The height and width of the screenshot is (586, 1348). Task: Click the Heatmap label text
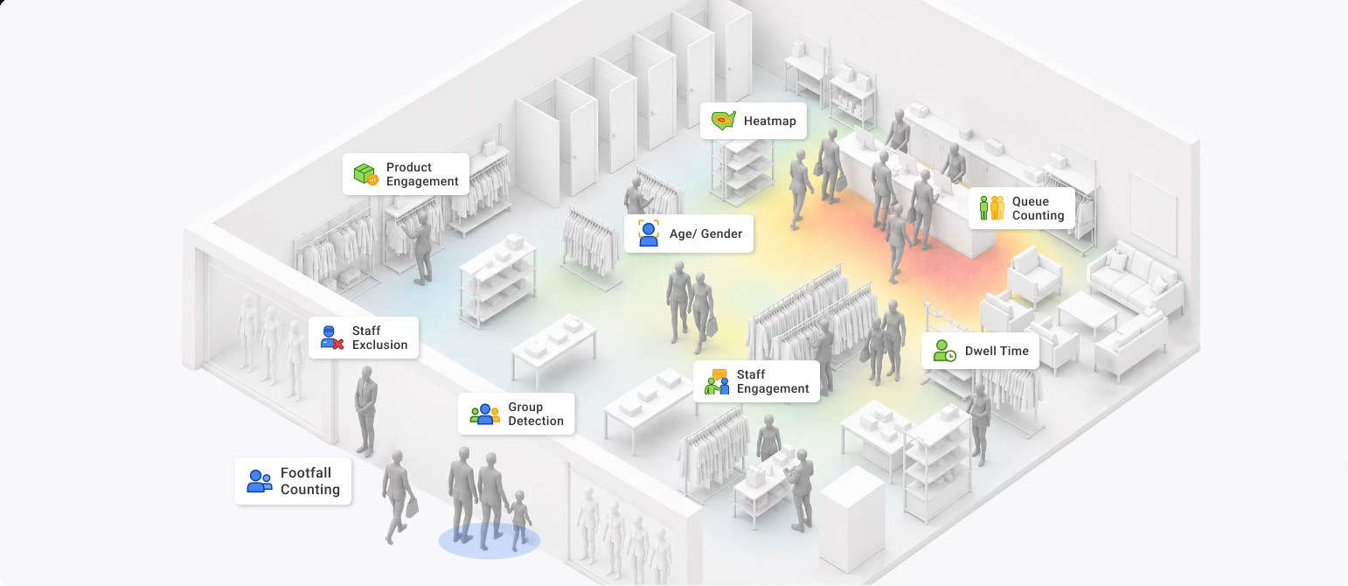(x=769, y=121)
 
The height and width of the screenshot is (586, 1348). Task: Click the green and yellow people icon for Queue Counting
(x=991, y=208)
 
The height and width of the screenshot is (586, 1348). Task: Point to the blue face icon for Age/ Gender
(x=648, y=234)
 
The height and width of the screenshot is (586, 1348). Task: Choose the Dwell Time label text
(x=997, y=351)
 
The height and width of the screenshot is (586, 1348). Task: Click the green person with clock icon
(x=944, y=351)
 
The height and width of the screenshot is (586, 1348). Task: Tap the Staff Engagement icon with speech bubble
(x=717, y=382)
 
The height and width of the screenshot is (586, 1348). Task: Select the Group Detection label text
(x=536, y=414)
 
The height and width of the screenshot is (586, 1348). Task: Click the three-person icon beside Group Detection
(x=484, y=415)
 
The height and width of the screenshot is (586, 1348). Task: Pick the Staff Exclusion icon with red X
(x=331, y=338)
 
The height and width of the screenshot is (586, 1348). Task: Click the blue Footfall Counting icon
(x=260, y=481)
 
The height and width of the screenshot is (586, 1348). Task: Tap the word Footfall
(x=306, y=473)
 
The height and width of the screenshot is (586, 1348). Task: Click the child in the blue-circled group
(x=518, y=520)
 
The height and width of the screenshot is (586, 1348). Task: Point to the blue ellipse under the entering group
(x=489, y=541)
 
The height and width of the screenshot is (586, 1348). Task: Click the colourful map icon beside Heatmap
(x=723, y=121)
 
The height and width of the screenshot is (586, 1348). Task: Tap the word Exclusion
(x=379, y=345)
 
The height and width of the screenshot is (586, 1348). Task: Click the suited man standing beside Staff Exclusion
(x=365, y=411)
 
